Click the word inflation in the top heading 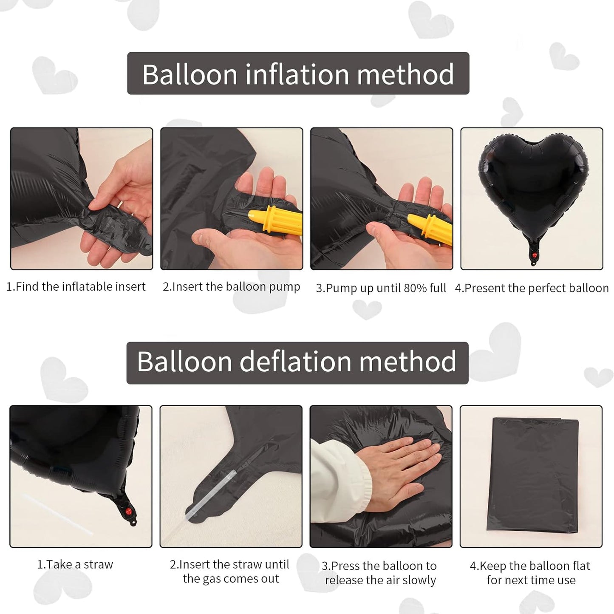click(297, 74)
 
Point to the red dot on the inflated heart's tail click(535, 255)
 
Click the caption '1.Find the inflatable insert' click(76, 287)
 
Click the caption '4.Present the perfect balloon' click(532, 288)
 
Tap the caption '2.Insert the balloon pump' click(231, 287)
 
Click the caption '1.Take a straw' click(75, 565)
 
